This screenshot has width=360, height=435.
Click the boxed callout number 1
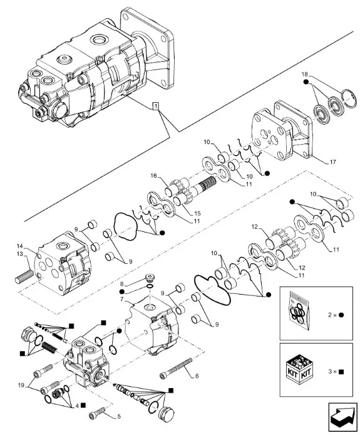(x=156, y=106)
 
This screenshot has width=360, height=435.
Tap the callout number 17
(x=332, y=162)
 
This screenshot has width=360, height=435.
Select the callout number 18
(x=304, y=75)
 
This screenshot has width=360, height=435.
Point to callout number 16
(x=153, y=176)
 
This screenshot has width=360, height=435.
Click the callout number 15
(x=197, y=213)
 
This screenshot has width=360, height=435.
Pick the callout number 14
(x=19, y=246)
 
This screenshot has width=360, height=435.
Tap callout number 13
(x=19, y=254)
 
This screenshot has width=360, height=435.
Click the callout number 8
(x=121, y=284)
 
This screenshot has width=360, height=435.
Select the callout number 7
(x=121, y=299)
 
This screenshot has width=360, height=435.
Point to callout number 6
(x=197, y=376)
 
